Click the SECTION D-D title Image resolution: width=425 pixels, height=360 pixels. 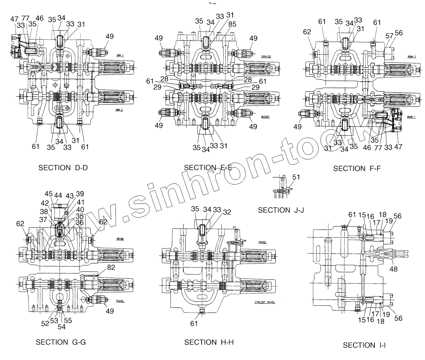(63, 168)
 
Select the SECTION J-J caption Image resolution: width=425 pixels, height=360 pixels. (281, 210)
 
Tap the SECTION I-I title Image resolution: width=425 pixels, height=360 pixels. (364, 345)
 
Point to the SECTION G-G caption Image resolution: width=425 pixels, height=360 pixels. (61, 342)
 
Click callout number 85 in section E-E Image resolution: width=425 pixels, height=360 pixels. (232, 25)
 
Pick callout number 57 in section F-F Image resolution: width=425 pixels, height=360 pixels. (389, 36)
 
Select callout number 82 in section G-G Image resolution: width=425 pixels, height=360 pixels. (111, 268)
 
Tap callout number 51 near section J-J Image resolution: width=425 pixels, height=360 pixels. (296, 177)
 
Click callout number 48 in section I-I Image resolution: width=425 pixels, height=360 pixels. (394, 269)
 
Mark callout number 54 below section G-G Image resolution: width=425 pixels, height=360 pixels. (61, 327)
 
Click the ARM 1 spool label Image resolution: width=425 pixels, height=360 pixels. (120, 55)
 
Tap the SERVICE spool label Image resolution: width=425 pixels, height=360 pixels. (266, 56)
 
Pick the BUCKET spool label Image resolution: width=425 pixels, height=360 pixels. (265, 117)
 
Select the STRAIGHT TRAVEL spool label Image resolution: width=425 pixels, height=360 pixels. (265, 302)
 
